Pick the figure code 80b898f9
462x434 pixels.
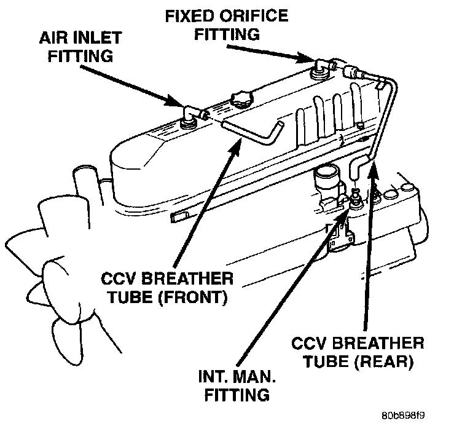[402, 415]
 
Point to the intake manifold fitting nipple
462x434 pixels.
[354, 197]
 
